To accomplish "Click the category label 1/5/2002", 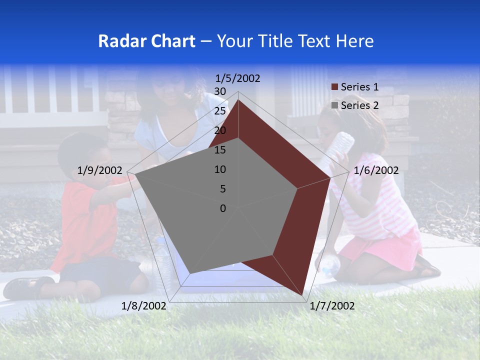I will [237, 78].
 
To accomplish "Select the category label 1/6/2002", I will [376, 170].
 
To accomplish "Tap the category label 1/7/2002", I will [332, 306].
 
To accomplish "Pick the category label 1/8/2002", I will [144, 306].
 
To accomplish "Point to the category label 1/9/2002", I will [100, 170].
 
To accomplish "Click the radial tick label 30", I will [220, 91].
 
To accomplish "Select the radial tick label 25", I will [220, 111].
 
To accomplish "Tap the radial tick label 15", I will [220, 150].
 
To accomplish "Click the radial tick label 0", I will [223, 208].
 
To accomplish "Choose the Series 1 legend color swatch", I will [335, 87].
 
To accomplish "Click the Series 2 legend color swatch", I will [335, 105].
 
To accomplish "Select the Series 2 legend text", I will [359, 105].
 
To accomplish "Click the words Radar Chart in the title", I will [146, 41].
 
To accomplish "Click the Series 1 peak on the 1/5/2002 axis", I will [238, 99].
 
